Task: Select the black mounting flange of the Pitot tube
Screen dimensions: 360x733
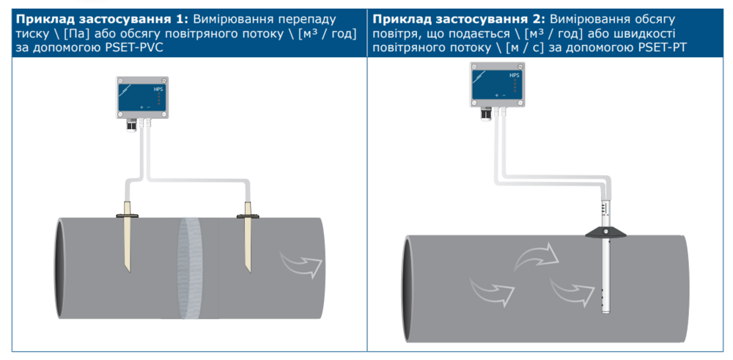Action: [606, 232]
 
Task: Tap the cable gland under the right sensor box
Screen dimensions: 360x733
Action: [485, 113]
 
